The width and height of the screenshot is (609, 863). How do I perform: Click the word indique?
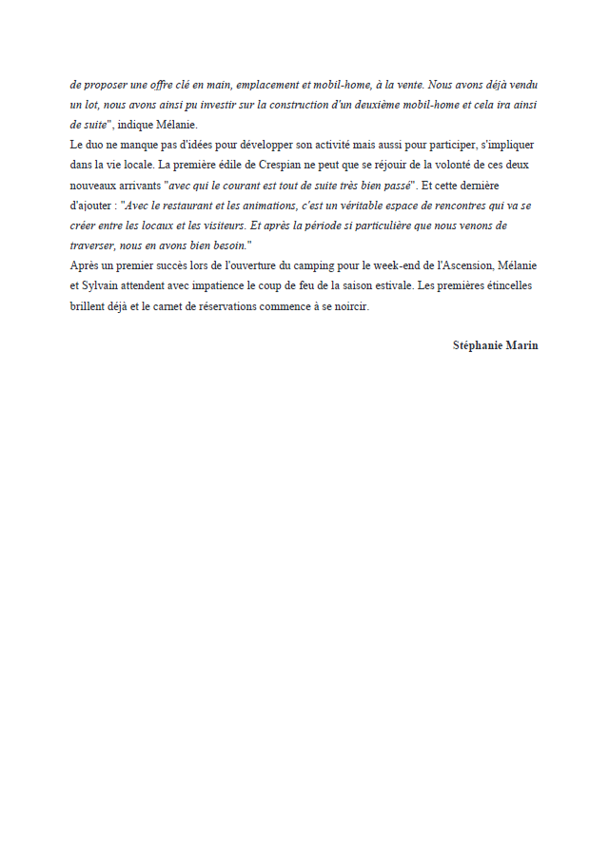pyautogui.click(x=135, y=125)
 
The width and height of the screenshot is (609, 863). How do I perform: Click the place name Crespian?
pyautogui.click(x=286, y=165)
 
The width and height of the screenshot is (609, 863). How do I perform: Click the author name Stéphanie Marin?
pyautogui.click(x=495, y=345)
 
